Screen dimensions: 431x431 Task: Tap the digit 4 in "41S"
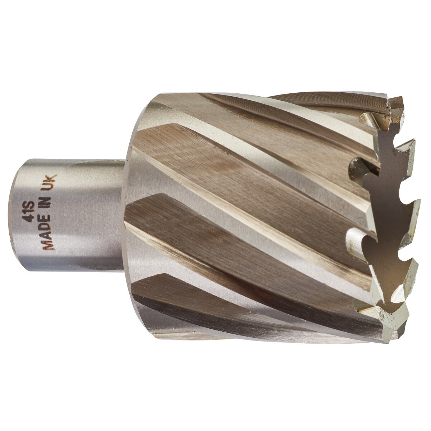pos(30,218)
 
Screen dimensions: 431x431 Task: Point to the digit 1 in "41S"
pos(30,212)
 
